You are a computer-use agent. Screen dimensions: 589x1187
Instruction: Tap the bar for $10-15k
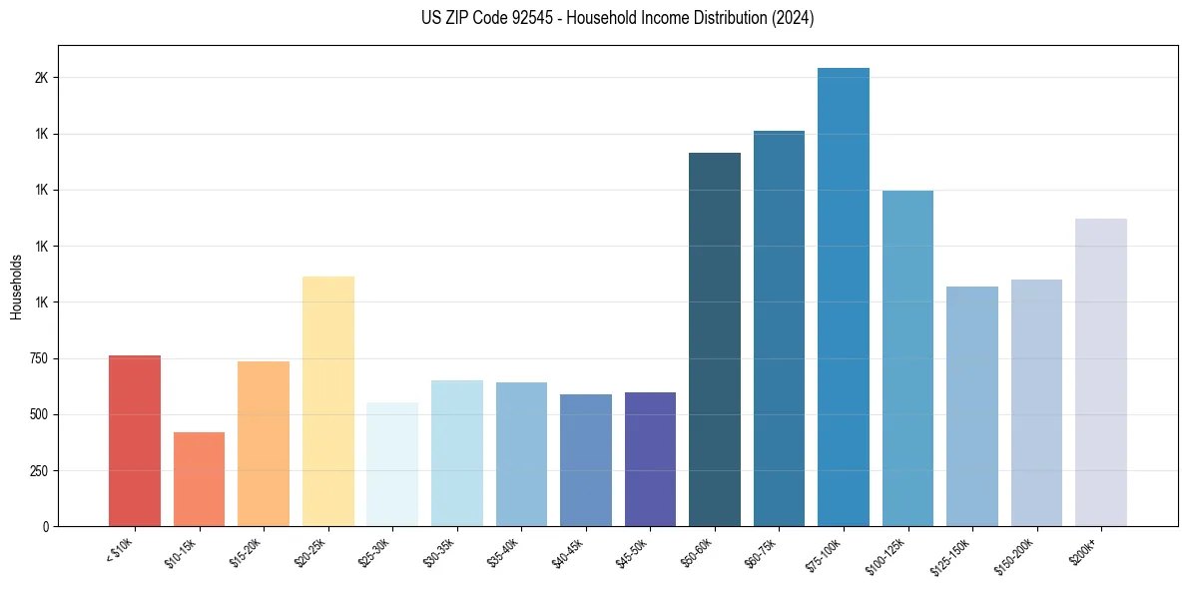pos(199,479)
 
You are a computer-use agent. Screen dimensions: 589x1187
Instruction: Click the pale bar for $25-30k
pos(392,464)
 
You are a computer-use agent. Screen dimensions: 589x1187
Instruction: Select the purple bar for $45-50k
pos(650,459)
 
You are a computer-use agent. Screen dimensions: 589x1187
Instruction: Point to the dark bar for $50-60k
pos(715,339)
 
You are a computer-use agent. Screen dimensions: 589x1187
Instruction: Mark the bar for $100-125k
pos(907,358)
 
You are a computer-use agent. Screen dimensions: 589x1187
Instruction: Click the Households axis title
pos(16,287)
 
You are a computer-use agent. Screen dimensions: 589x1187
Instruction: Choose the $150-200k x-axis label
pos(1018,554)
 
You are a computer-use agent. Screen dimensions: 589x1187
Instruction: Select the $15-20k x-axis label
pos(250,551)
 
